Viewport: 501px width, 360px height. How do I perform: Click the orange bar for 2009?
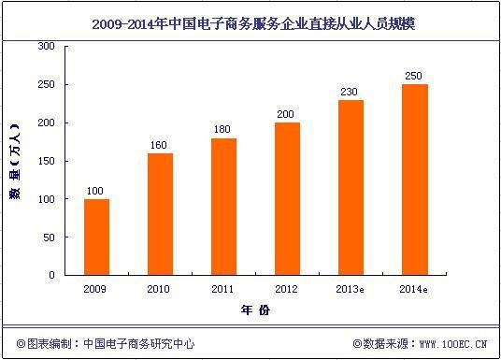pos(96,237)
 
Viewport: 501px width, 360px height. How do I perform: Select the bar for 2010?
pos(160,214)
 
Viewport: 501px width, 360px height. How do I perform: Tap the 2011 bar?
pos(224,207)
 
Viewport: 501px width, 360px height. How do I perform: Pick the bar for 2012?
pos(287,199)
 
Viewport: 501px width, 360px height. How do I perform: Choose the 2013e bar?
pos(351,187)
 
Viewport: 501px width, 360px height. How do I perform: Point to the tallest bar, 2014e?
pos(415,180)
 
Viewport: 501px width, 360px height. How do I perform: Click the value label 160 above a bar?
pos(159,145)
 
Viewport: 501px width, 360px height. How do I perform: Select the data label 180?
pos(222,129)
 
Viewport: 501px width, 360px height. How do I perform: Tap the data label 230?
pos(349,92)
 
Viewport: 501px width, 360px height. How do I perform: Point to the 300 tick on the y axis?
pos(47,46)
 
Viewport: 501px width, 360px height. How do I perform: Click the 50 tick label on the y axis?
pos(49,238)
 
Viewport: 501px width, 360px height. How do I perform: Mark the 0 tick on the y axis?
pos(51,275)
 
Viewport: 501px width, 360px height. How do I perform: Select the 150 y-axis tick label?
pos(47,161)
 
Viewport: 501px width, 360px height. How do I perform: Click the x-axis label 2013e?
pos(350,289)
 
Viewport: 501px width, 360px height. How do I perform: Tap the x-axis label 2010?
pos(158,289)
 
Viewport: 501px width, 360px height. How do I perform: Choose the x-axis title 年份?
pos(255,310)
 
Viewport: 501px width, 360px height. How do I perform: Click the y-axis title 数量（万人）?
pos(15,161)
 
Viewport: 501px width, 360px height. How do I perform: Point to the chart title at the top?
pos(253,24)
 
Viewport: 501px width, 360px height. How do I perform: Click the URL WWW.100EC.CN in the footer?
pos(453,344)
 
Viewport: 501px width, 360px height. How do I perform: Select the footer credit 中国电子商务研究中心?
pos(138,344)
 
